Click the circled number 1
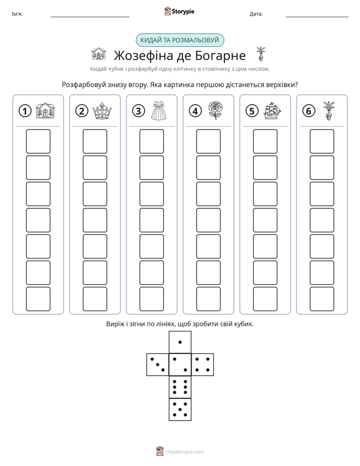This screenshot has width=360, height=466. (25, 111)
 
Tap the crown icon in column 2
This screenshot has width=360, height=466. (102, 111)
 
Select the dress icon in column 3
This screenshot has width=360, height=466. (159, 110)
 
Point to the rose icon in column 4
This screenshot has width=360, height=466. (215, 110)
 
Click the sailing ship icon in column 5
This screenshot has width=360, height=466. (272, 111)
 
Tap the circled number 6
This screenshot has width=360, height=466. (309, 111)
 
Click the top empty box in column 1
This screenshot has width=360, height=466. (38, 141)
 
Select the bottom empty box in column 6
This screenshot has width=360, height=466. (322, 299)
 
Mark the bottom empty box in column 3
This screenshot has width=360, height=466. (151, 299)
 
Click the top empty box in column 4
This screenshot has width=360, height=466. (209, 141)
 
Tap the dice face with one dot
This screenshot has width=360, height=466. (180, 342)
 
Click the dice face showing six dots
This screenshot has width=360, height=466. (180, 387)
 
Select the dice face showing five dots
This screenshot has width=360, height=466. (180, 410)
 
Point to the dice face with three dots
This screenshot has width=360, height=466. (158, 365)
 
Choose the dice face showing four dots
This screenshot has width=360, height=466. (203, 365)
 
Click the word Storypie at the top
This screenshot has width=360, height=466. (183, 12)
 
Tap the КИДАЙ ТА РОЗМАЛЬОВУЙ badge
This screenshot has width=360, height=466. (179, 40)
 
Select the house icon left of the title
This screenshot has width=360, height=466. (99, 53)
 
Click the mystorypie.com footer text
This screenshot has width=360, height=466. (185, 452)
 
